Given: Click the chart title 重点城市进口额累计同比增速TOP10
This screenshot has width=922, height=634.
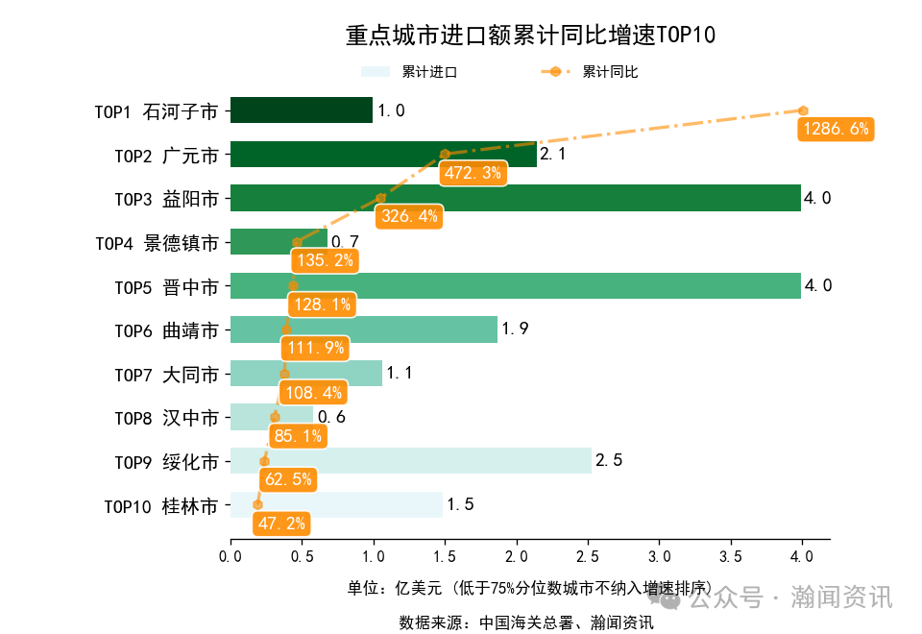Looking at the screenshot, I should [x=530, y=36].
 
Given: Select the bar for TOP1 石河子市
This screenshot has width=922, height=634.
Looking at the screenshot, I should [x=301, y=110].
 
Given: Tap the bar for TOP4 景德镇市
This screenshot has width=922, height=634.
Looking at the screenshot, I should [x=279, y=242].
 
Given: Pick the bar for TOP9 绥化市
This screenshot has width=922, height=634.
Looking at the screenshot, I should [x=410, y=461].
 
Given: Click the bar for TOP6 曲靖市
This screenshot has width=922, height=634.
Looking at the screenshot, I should [x=363, y=329].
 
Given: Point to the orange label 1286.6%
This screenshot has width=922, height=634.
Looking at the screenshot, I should [x=833, y=129].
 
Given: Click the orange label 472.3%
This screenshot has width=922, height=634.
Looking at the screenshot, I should [x=473, y=173].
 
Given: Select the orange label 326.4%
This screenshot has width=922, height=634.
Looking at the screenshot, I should [x=409, y=216].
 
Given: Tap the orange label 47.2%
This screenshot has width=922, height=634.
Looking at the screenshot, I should [x=280, y=524].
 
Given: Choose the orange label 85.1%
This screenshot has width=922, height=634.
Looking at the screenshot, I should [x=298, y=436].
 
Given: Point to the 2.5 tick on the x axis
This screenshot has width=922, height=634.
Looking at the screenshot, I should [x=588, y=556].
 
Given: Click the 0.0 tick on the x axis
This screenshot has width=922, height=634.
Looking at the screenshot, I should [x=230, y=556].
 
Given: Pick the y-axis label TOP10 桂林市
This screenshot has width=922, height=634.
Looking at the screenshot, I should [x=160, y=505].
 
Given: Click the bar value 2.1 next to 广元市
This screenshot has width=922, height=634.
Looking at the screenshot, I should [x=552, y=154].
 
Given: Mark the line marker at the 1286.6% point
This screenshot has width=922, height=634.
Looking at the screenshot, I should [x=802, y=110].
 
